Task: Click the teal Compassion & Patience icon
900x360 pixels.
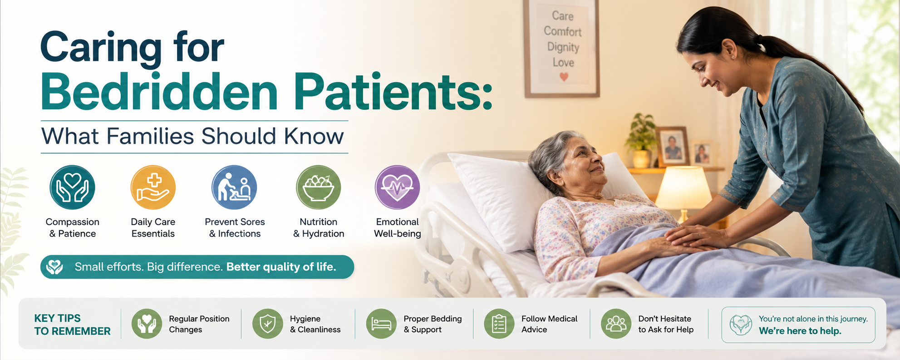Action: click(72, 187)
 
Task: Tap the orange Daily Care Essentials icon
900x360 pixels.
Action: click(153, 187)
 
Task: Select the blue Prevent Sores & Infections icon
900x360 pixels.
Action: click(234, 187)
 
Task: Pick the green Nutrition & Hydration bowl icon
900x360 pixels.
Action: click(319, 187)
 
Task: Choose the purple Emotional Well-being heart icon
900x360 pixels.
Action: click(397, 187)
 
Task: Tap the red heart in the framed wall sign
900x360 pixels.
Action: click(564, 77)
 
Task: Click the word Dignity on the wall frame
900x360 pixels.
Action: click(563, 47)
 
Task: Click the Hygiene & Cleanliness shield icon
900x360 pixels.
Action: click(268, 324)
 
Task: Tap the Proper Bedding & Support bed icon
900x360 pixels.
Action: click(381, 324)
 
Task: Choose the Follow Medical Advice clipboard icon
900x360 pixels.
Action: click(499, 324)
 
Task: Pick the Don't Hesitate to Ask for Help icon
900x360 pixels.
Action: click(616, 324)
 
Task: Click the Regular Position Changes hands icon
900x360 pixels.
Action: click(147, 324)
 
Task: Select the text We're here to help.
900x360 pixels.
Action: click(800, 331)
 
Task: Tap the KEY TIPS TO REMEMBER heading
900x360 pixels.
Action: click(72, 325)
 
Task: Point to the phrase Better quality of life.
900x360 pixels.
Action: click(281, 266)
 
